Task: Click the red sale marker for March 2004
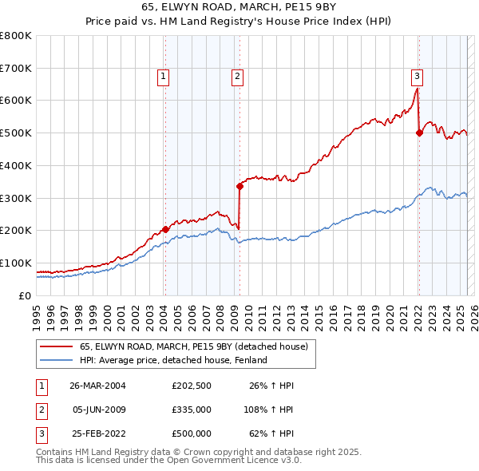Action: pyautogui.click(x=165, y=229)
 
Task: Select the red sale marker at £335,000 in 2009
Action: pyautogui.click(x=239, y=186)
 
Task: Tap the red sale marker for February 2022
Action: pyautogui.click(x=418, y=133)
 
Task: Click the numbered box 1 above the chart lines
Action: pyautogui.click(x=163, y=77)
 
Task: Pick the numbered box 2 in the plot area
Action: pyautogui.click(x=238, y=77)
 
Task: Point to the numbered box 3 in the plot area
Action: pyautogui.click(x=417, y=77)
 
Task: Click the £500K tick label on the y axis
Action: pyautogui.click(x=15, y=133)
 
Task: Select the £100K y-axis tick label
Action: pyautogui.click(x=15, y=263)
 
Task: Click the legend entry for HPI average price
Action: pyautogui.click(x=172, y=360)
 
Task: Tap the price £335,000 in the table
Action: pyautogui.click(x=191, y=410)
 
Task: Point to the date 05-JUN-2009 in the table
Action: pyautogui.click(x=97, y=410)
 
